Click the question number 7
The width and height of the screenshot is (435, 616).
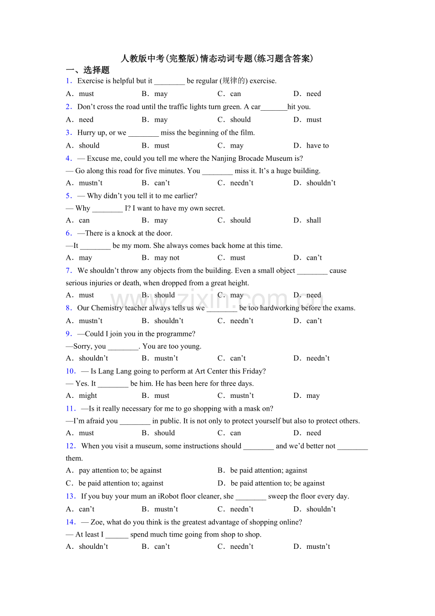(69, 271)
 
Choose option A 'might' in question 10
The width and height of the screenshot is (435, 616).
(87, 396)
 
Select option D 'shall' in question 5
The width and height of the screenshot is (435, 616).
(313, 220)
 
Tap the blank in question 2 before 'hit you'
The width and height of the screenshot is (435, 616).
(274, 107)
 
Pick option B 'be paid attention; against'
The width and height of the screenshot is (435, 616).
(268, 470)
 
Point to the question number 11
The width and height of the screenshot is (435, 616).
(70, 409)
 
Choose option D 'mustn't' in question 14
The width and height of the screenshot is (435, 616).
(318, 547)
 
